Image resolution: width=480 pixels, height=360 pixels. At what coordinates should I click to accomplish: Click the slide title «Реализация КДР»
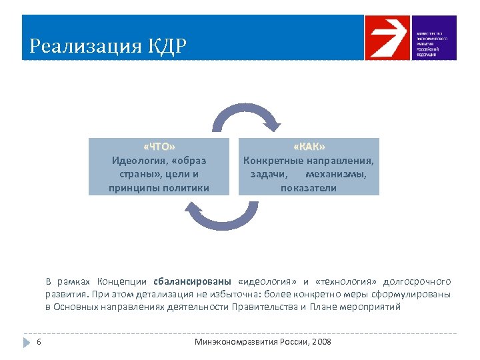(x=108, y=47)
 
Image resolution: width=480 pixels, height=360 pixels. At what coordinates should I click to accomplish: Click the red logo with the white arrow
(x=387, y=38)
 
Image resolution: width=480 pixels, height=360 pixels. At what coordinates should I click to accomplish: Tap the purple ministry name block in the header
(x=434, y=38)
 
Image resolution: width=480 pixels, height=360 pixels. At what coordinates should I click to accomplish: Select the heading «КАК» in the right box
(x=309, y=147)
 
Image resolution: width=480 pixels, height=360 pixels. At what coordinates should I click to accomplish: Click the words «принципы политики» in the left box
(x=159, y=188)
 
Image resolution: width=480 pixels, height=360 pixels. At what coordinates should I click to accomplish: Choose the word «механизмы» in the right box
(x=336, y=174)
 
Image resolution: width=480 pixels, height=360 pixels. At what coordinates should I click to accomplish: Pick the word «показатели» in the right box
(x=309, y=188)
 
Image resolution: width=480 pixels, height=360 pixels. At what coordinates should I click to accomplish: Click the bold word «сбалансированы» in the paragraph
(x=192, y=281)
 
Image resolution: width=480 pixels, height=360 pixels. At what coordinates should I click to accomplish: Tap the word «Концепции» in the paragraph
(x=122, y=281)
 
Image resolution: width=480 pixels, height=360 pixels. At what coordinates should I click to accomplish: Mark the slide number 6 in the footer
(x=39, y=342)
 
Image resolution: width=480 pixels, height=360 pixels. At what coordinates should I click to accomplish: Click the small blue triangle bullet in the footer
(x=27, y=342)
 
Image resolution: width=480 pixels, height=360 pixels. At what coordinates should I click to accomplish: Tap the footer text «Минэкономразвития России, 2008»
(x=263, y=342)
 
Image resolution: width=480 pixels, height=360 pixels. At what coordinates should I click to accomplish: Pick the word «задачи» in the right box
(x=269, y=174)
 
